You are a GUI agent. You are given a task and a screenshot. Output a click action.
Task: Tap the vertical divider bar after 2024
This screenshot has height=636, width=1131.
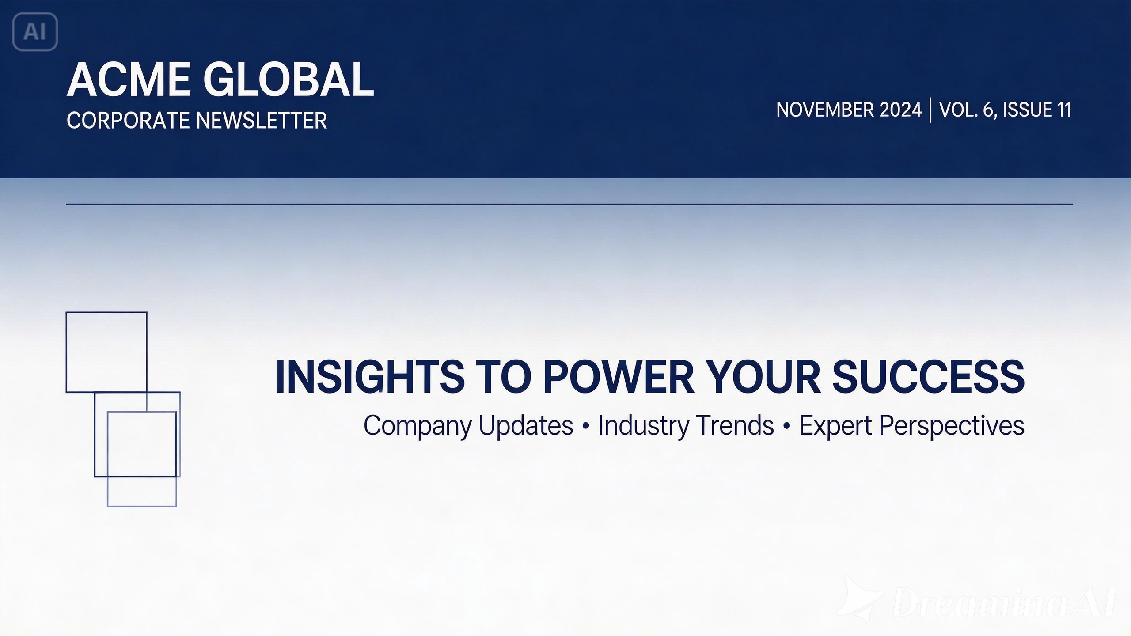pos(931,110)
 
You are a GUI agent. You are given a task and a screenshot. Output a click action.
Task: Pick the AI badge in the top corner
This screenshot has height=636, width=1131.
pos(35,32)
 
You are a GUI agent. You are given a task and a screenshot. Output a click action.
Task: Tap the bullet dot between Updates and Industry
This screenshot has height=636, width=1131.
pos(586,427)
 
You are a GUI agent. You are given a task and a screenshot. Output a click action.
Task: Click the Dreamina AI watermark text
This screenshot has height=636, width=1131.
pos(1003,602)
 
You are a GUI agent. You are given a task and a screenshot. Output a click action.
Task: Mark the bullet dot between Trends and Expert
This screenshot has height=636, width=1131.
pos(786,427)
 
